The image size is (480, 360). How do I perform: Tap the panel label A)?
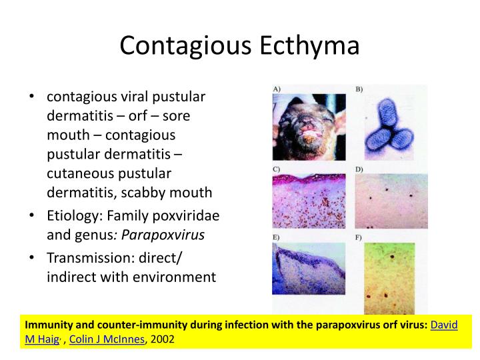(x=276, y=89)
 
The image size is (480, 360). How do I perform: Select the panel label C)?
(x=276, y=169)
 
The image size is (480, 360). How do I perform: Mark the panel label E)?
(x=276, y=237)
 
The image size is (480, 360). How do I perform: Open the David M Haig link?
(x=444, y=325)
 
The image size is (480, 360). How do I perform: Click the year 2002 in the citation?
(x=163, y=339)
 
